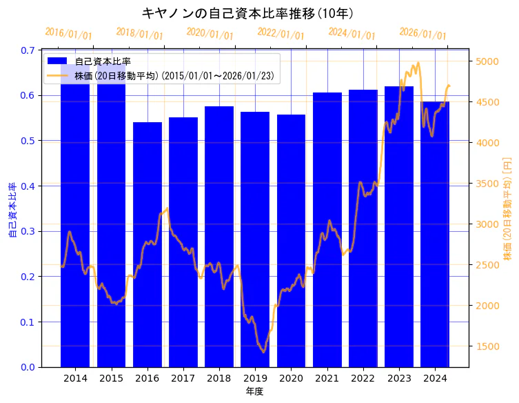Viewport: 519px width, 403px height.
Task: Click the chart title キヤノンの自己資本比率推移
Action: (247, 13)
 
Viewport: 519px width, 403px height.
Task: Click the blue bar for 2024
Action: (435, 234)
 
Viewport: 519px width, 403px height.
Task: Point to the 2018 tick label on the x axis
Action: (219, 378)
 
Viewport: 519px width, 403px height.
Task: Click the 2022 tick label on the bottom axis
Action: (363, 378)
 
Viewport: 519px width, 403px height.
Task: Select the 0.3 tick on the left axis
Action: (27, 231)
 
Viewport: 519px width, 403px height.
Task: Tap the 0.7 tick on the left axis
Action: (27, 50)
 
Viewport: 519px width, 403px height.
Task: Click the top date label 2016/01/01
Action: (68, 34)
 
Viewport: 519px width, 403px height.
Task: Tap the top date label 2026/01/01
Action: (423, 35)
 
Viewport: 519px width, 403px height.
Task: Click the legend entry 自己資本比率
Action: (103, 61)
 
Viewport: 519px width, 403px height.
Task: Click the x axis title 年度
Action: (254, 391)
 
